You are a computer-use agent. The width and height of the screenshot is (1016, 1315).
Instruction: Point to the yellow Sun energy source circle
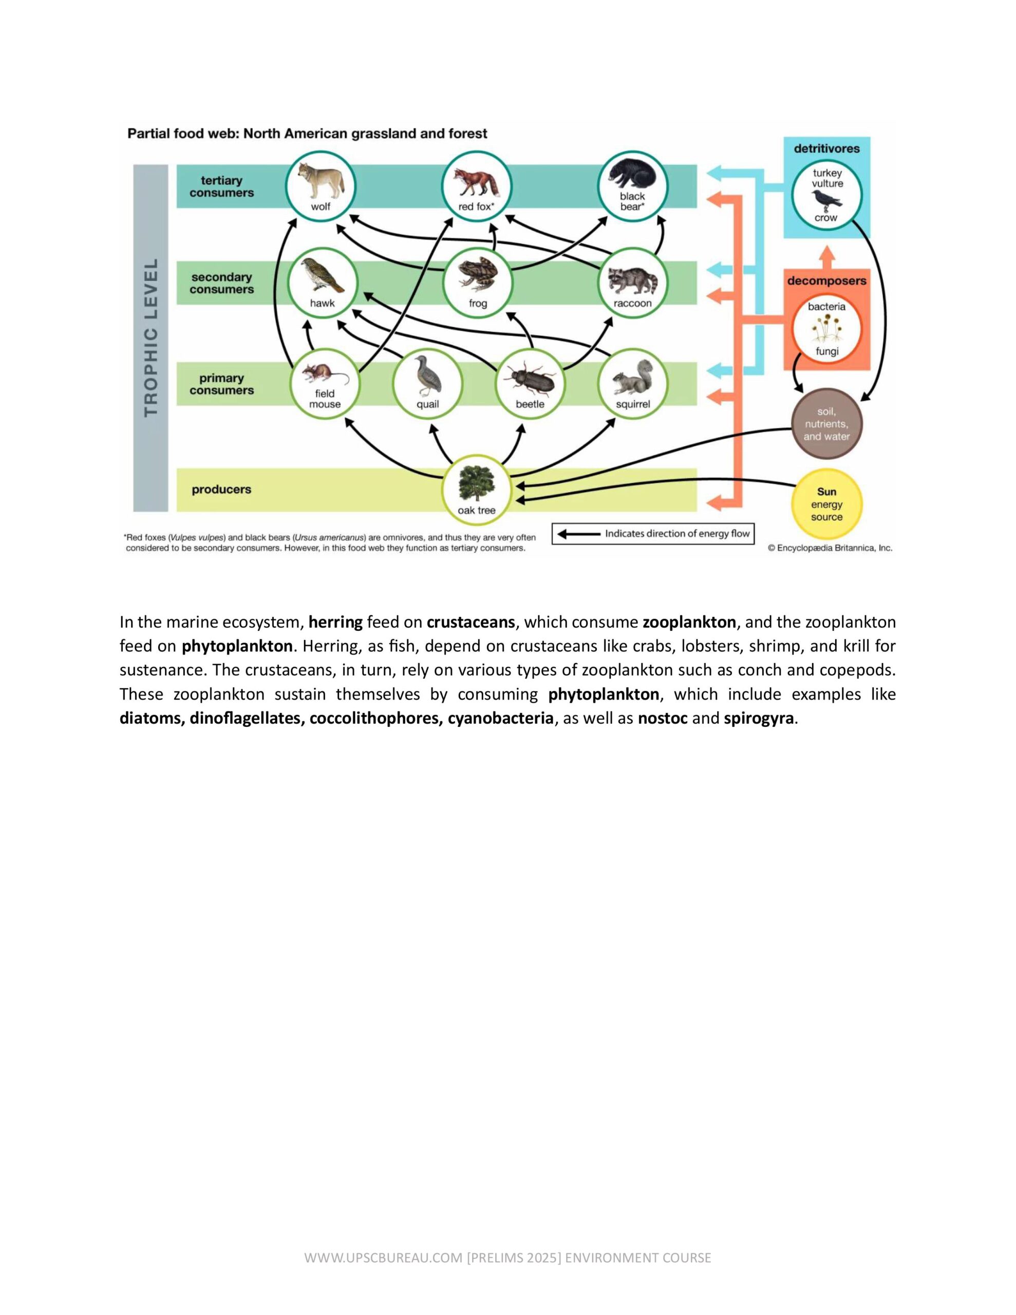pos(826,504)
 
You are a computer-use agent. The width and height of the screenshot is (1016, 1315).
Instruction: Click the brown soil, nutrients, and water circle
pos(826,424)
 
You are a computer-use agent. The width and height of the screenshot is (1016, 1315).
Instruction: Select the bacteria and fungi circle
pos(826,329)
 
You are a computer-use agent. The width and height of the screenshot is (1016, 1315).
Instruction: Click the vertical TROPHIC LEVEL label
pos(150,337)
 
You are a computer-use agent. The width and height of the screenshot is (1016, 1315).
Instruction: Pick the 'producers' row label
pos(221,490)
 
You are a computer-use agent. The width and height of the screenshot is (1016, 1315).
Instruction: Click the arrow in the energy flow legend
pos(578,534)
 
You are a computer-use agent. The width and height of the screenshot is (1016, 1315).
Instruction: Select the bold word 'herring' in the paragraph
pos(335,622)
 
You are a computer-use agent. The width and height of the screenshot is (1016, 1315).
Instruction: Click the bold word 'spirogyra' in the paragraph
pos(758,718)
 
